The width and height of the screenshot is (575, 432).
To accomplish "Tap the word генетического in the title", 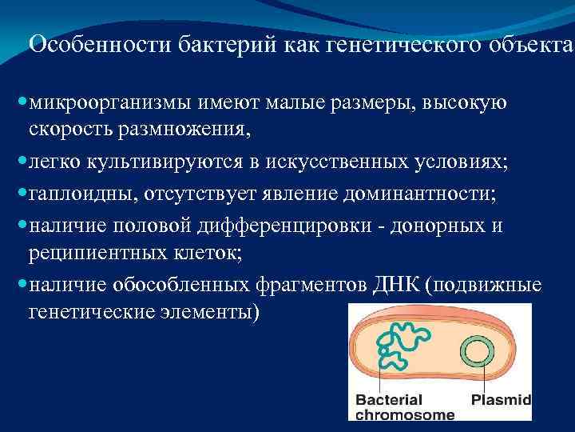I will [x=382, y=44].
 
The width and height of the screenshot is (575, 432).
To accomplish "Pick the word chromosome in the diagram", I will [x=404, y=414].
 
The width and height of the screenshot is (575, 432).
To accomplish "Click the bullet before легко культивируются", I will [x=21, y=162].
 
